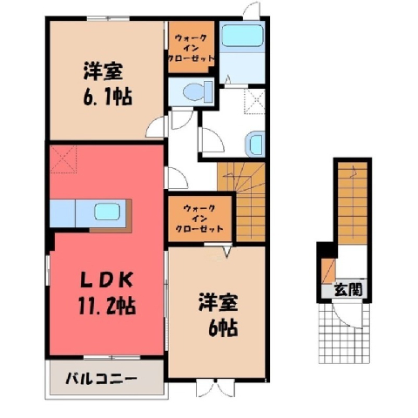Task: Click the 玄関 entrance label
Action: [348, 289]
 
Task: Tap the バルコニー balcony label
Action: [101, 379]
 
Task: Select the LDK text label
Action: [106, 280]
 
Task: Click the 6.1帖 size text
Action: [107, 97]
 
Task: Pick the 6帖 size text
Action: [223, 327]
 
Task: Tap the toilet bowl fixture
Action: [198, 91]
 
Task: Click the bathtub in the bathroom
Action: [242, 36]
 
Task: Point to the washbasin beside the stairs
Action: [255, 145]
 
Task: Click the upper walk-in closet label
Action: [192, 47]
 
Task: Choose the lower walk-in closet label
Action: [200, 219]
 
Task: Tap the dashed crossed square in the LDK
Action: [63, 159]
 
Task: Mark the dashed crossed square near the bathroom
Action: [254, 102]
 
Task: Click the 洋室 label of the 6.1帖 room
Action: [103, 71]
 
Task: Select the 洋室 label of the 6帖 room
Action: [219, 303]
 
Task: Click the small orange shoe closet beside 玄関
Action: [328, 271]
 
